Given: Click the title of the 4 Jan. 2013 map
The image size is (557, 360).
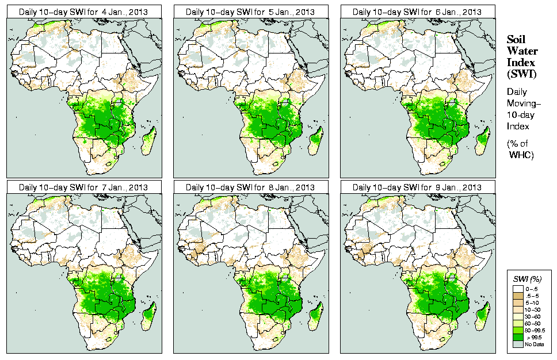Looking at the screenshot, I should coord(83,12).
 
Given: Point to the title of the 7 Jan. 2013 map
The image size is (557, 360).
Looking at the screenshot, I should coord(83,187).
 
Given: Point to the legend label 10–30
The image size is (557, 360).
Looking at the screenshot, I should coord(532,309).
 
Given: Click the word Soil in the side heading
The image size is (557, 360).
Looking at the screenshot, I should coord(516,40).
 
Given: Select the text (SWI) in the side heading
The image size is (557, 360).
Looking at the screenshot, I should coord(521,74).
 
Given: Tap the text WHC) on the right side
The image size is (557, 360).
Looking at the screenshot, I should coord(522,155).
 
